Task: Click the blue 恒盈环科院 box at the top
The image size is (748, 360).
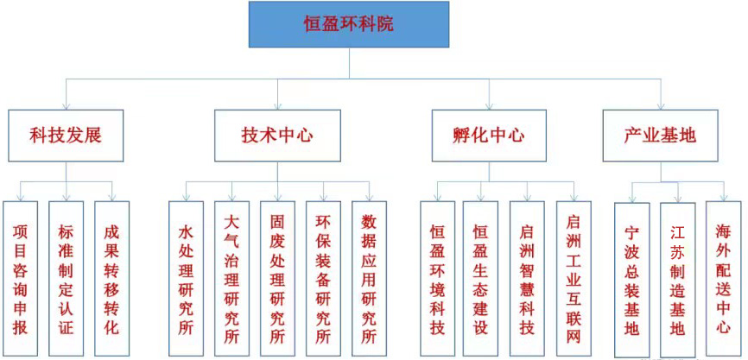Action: [349, 24]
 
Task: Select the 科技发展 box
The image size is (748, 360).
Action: [66, 136]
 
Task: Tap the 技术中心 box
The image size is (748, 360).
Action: [277, 136]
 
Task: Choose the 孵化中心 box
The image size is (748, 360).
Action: [489, 136]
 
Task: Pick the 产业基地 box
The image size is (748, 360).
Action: [660, 136]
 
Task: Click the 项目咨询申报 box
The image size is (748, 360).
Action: [20, 279]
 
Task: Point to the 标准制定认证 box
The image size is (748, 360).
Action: [66, 279]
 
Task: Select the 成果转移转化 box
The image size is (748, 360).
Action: [111, 279]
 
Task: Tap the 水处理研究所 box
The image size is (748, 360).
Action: [186, 279]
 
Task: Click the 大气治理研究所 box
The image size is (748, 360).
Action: [231, 279]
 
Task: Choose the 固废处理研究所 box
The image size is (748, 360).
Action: [277, 279]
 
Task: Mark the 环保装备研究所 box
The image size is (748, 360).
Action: [323, 279]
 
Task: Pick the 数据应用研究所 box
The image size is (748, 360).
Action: [369, 279]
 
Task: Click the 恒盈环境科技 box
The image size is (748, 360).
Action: [437, 279]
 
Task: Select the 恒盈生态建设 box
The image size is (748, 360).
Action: [480, 279]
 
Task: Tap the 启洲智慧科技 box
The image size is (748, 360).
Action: [527, 279]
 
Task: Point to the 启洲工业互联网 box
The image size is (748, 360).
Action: [574, 279]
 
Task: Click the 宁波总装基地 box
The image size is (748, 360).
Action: [632, 280]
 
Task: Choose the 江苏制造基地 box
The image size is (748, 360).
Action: [678, 280]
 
